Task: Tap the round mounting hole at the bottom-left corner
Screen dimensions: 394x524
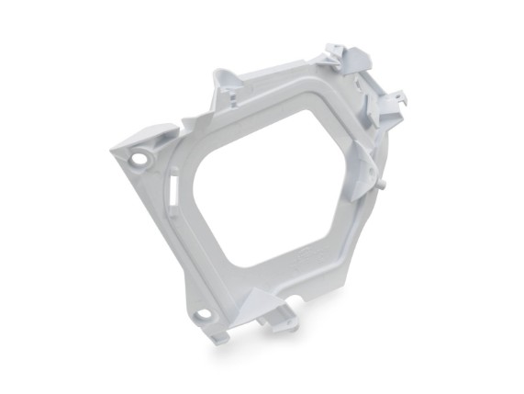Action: coord(203,317)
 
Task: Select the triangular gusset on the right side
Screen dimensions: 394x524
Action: coord(362,170)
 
